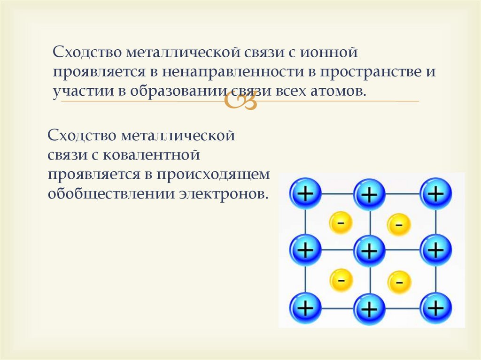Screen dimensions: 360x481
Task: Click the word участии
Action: (79, 92)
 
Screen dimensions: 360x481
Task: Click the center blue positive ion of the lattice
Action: (370, 251)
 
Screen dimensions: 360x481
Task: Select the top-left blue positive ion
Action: (305, 193)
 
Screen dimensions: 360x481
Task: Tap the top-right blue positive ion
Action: (435, 193)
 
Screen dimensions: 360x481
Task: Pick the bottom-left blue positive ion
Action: (305, 308)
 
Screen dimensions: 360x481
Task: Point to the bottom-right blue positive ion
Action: (435, 308)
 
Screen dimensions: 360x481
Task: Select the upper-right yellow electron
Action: (399, 224)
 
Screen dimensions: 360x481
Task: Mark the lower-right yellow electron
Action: (399, 282)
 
